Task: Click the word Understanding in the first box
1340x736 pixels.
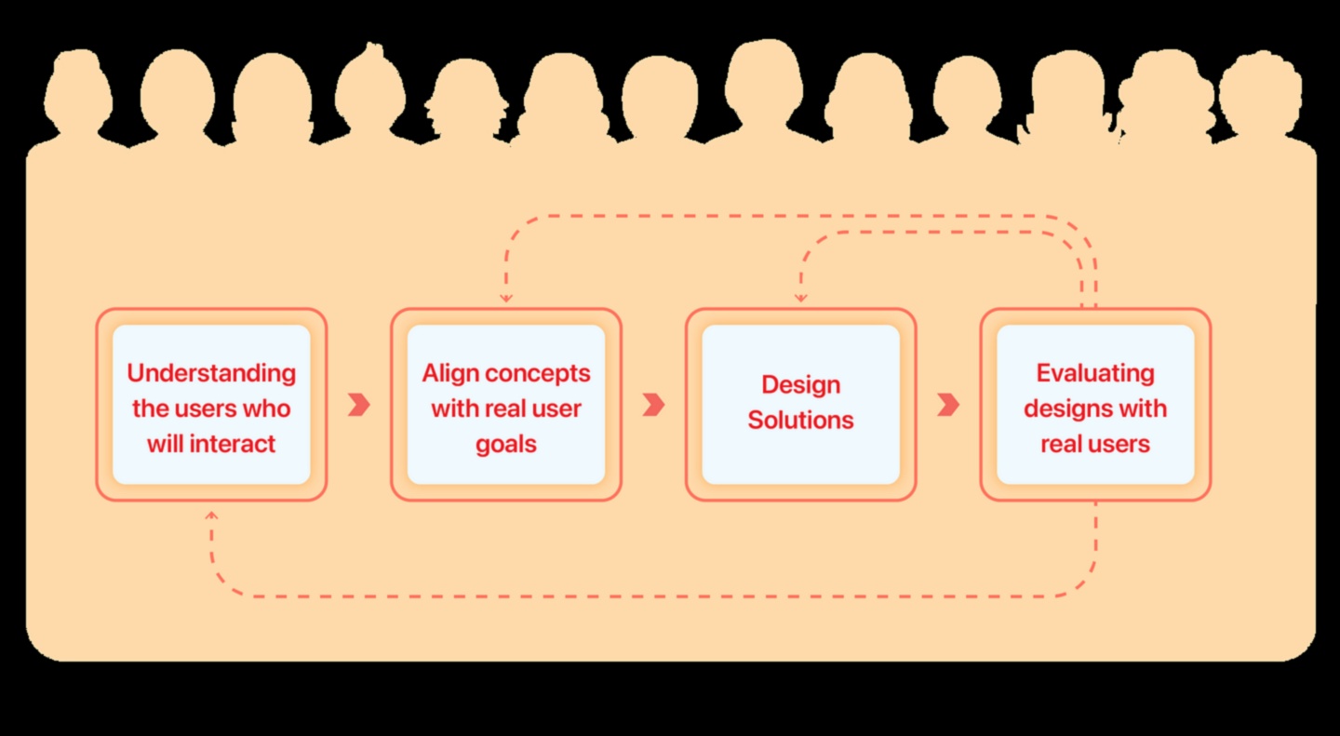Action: pyautogui.click(x=211, y=373)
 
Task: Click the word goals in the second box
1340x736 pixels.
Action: pyautogui.click(x=506, y=444)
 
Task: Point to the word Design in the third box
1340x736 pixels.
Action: pyautogui.click(x=800, y=384)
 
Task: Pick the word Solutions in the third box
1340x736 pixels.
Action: pyautogui.click(x=800, y=420)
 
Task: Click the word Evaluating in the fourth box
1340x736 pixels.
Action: pyautogui.click(x=1095, y=373)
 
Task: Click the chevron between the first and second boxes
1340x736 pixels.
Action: pyautogui.click(x=359, y=405)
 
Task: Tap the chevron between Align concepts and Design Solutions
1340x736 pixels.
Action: pyautogui.click(x=654, y=405)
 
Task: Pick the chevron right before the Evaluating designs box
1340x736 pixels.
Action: pyautogui.click(x=948, y=405)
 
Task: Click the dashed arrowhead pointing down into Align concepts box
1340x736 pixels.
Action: pyautogui.click(x=505, y=298)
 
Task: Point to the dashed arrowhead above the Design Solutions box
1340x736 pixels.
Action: pyautogui.click(x=800, y=298)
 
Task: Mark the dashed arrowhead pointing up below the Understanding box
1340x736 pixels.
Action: pyautogui.click(x=211, y=515)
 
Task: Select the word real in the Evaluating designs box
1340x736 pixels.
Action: pyautogui.click(x=1061, y=444)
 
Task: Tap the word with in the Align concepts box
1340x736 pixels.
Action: pyautogui.click(x=453, y=408)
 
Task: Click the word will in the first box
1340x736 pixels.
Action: pyautogui.click(x=166, y=444)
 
